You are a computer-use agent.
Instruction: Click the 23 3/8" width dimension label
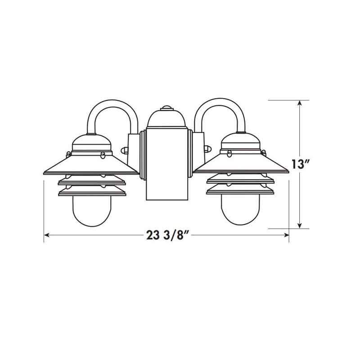[x=166, y=235]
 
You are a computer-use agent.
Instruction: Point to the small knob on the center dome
[x=166, y=108]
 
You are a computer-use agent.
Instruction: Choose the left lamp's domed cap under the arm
[x=92, y=143]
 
